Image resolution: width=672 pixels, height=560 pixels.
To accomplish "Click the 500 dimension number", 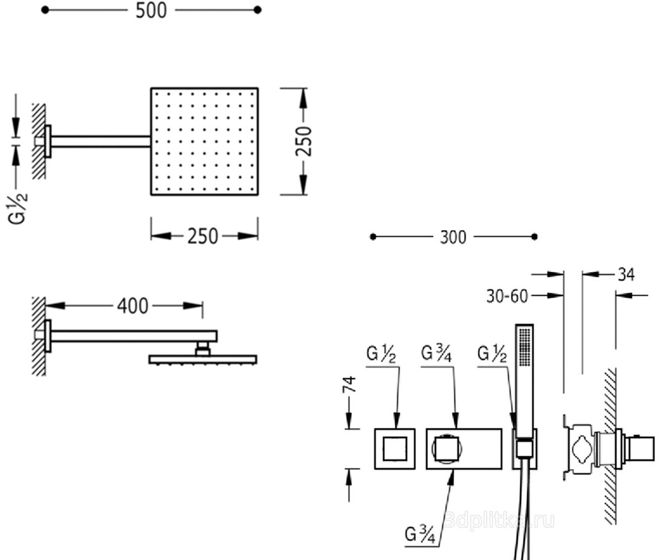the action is (151, 11).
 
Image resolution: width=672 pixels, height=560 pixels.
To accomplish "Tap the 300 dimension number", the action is (453, 237).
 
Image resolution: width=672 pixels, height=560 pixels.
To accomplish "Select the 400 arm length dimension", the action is (133, 306).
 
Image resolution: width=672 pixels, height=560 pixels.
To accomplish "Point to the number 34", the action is (626, 274).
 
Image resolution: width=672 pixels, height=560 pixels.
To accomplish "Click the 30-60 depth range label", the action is (507, 296).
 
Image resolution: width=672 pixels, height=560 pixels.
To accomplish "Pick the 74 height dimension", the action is (349, 384).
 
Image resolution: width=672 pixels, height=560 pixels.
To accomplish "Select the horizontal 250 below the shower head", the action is (203, 236).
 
